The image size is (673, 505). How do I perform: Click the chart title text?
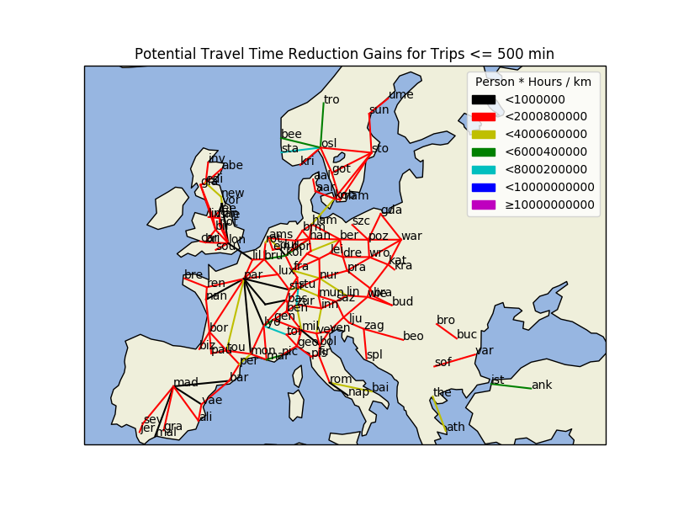(344, 54)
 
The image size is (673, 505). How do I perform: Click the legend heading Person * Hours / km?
(533, 82)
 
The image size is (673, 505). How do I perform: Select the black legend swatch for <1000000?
(483, 99)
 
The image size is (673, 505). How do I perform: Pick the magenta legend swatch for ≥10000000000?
(483, 205)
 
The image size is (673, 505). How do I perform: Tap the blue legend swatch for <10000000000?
(483, 187)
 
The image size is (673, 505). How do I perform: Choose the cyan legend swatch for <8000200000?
(483, 169)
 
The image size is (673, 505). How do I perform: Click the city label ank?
(541, 385)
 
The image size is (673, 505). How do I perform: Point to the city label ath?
(455, 427)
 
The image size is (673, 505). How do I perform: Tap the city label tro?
(331, 100)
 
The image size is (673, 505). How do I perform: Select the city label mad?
(186, 383)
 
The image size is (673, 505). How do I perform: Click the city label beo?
(413, 337)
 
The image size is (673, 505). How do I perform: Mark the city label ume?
(400, 95)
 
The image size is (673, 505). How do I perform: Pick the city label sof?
(442, 363)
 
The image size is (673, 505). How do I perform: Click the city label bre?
(193, 275)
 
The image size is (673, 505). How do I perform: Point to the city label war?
(411, 237)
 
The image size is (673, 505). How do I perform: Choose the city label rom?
(341, 380)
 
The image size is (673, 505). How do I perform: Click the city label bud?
(402, 301)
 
